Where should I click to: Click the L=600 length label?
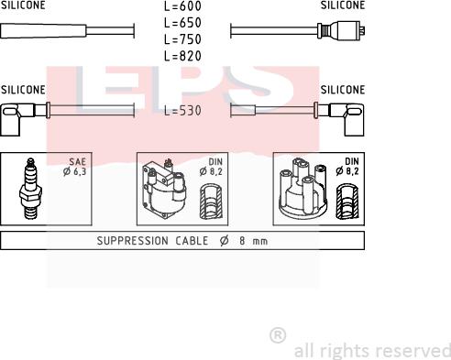click(x=182, y=6)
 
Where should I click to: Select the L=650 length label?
click(x=182, y=23)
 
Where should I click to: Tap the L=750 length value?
click(x=182, y=39)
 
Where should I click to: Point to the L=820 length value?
click(x=182, y=56)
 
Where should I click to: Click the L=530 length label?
click(x=182, y=111)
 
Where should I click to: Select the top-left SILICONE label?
click(x=22, y=5)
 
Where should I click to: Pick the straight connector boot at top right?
click(x=340, y=29)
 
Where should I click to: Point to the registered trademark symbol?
click(x=278, y=336)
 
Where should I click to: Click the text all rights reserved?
click(x=371, y=351)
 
